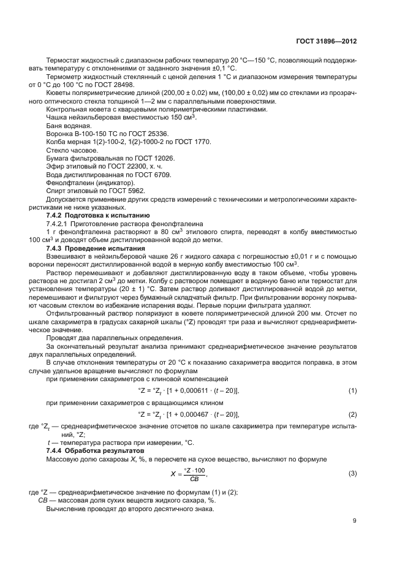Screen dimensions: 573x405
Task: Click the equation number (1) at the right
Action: pyautogui.click(x=352, y=390)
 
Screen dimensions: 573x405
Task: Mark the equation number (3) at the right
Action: pyautogui.click(x=352, y=474)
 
